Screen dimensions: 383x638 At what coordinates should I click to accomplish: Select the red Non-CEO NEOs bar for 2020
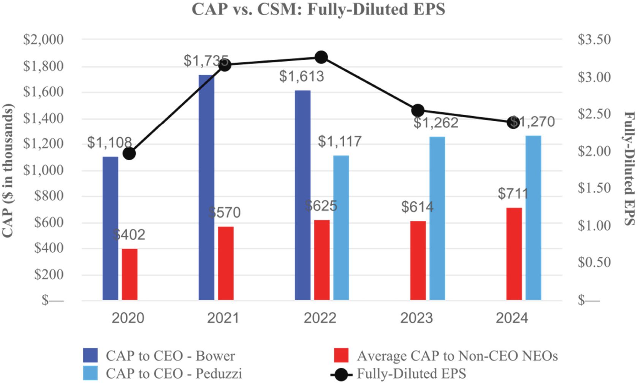(x=130, y=274)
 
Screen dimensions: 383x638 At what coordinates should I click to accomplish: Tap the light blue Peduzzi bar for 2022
(x=341, y=228)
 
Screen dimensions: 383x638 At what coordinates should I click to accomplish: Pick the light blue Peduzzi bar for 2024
(x=533, y=218)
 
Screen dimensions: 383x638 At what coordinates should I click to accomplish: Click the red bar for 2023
(x=418, y=261)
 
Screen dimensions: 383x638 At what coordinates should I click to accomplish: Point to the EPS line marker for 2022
(x=321, y=57)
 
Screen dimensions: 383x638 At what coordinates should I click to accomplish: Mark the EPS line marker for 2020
(x=129, y=154)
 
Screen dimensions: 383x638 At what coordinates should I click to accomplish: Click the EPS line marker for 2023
(x=418, y=111)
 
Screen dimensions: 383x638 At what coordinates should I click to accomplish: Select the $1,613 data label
(x=302, y=76)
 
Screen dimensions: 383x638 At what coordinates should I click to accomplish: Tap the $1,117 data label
(x=340, y=141)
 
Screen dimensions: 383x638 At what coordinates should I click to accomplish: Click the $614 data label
(x=417, y=207)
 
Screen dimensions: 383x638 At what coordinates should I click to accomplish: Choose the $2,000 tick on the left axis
(x=43, y=40)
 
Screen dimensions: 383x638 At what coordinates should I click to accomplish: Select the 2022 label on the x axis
(x=320, y=318)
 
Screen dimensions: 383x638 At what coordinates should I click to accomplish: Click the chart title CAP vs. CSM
(x=318, y=9)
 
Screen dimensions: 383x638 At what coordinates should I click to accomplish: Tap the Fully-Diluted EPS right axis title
(x=629, y=168)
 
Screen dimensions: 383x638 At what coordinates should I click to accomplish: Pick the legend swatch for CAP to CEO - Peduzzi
(x=90, y=373)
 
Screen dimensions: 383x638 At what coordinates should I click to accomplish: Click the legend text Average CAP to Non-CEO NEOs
(x=457, y=356)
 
